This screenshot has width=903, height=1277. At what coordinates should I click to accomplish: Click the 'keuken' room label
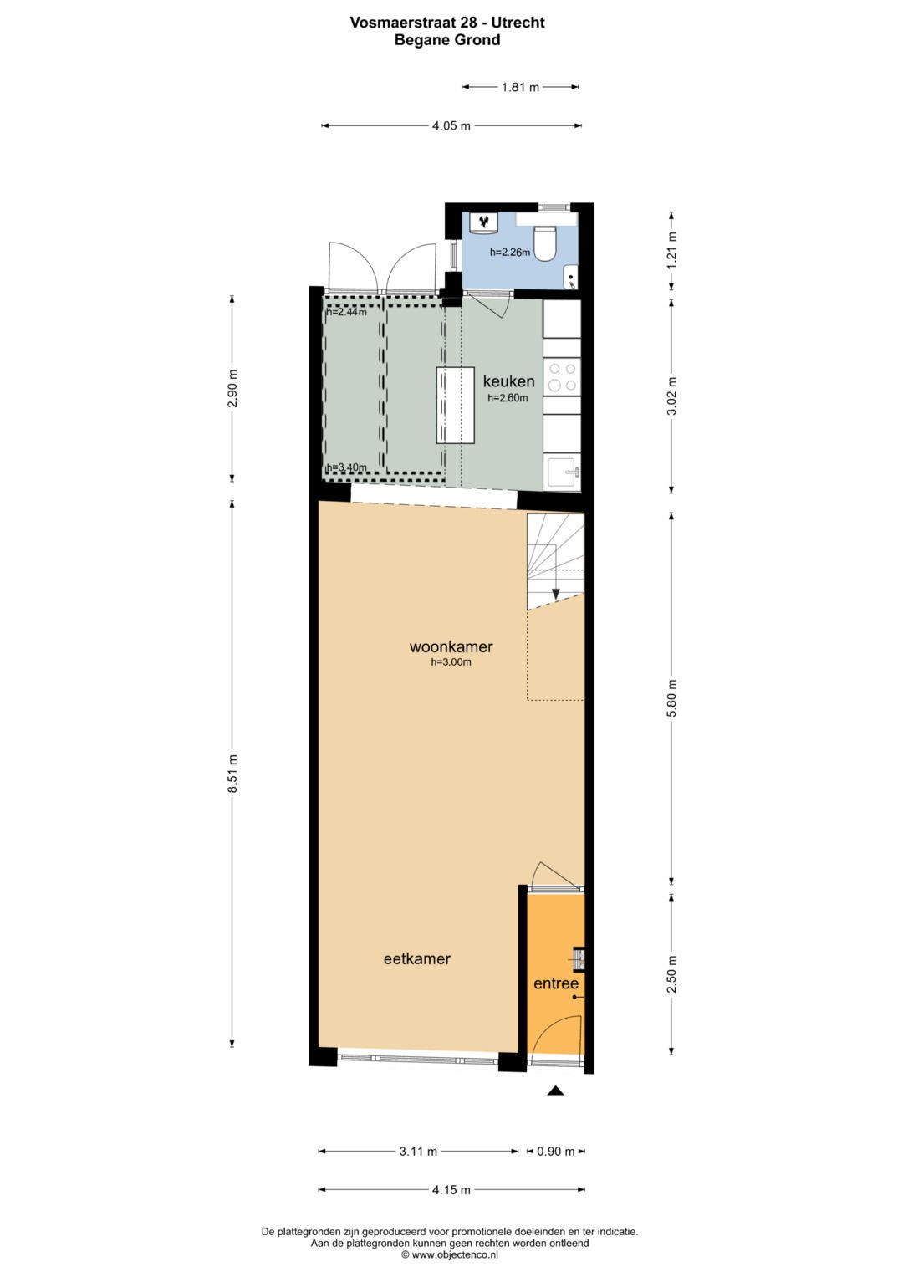click(x=508, y=382)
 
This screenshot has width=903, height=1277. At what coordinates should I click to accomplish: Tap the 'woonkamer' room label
click(x=451, y=646)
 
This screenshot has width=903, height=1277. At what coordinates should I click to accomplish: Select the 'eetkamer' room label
click(x=416, y=959)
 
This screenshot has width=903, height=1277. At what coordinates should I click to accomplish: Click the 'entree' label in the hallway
click(x=556, y=983)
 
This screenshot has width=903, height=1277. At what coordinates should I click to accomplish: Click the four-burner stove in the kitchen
click(x=562, y=376)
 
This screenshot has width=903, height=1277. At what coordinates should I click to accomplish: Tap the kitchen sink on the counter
click(x=562, y=472)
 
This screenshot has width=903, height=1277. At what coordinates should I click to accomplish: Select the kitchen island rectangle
click(x=455, y=405)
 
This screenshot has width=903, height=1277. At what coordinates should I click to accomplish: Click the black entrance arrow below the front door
click(x=555, y=1091)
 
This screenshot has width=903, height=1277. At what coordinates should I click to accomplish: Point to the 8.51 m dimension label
click(x=232, y=774)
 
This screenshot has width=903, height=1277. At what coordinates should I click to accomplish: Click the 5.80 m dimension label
click(x=671, y=698)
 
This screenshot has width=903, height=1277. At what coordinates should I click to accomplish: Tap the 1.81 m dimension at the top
click(x=520, y=87)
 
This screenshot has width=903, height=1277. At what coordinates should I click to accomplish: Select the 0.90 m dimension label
click(x=555, y=1152)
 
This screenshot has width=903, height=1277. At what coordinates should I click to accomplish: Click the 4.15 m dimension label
click(x=451, y=1190)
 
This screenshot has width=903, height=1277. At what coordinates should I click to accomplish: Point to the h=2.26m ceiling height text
click(x=510, y=253)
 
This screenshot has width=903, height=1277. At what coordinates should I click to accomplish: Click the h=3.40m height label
click(x=346, y=467)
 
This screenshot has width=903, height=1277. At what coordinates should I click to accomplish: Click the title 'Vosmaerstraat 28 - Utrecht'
click(x=447, y=23)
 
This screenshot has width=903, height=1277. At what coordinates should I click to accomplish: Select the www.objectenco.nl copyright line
click(x=450, y=1254)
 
